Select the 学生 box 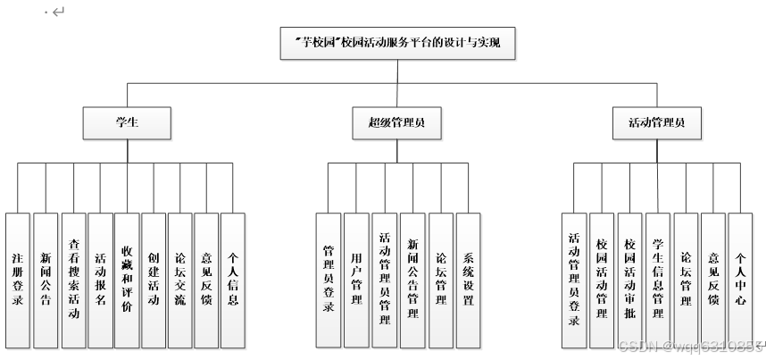126,121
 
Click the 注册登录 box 18,279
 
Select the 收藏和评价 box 127,279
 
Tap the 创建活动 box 154,279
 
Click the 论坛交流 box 180,279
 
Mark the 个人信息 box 233,279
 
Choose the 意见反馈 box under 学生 207,279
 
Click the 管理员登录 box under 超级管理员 329,280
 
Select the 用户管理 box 356,280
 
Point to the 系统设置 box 468,280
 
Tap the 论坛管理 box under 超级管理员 440,280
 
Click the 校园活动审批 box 630,280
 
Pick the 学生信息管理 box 658,280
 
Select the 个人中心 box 740,280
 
